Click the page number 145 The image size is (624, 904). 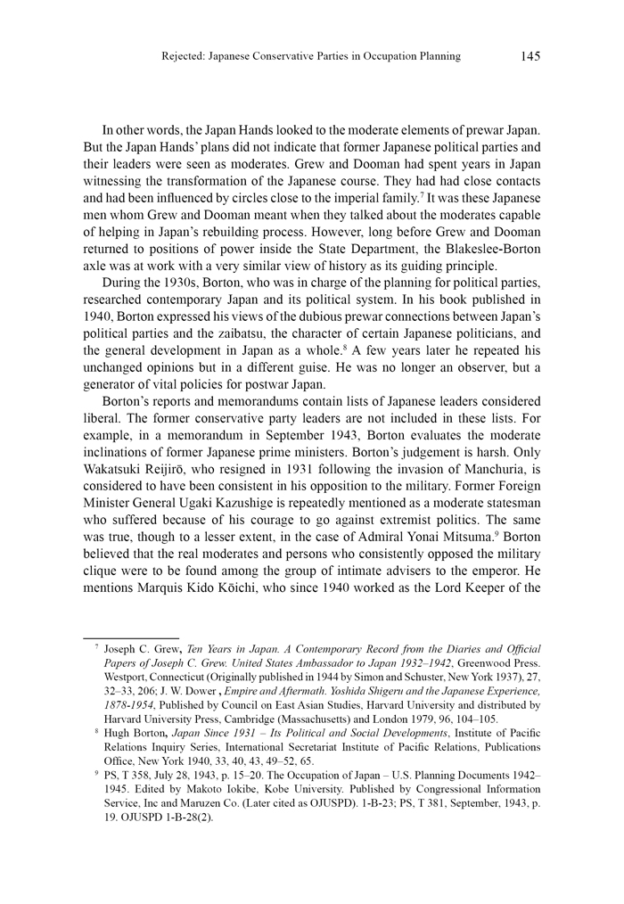tap(530, 56)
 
